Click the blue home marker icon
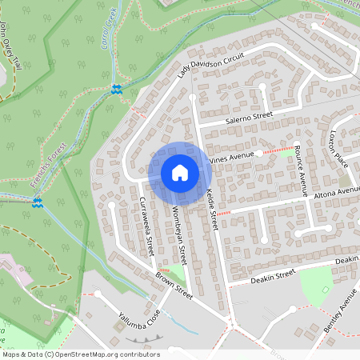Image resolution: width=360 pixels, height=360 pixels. pos(179,173)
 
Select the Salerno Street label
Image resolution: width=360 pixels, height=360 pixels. pos(249,118)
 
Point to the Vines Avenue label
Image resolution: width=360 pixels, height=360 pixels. pos(231,157)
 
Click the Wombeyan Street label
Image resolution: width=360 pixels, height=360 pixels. pos(178,232)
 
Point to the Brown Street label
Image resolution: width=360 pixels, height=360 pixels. pos(174,286)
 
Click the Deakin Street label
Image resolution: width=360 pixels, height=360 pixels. pos(273,277)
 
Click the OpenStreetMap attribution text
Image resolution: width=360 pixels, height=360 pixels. pos(81,354)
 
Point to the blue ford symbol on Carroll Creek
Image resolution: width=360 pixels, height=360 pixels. pos(118,89)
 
